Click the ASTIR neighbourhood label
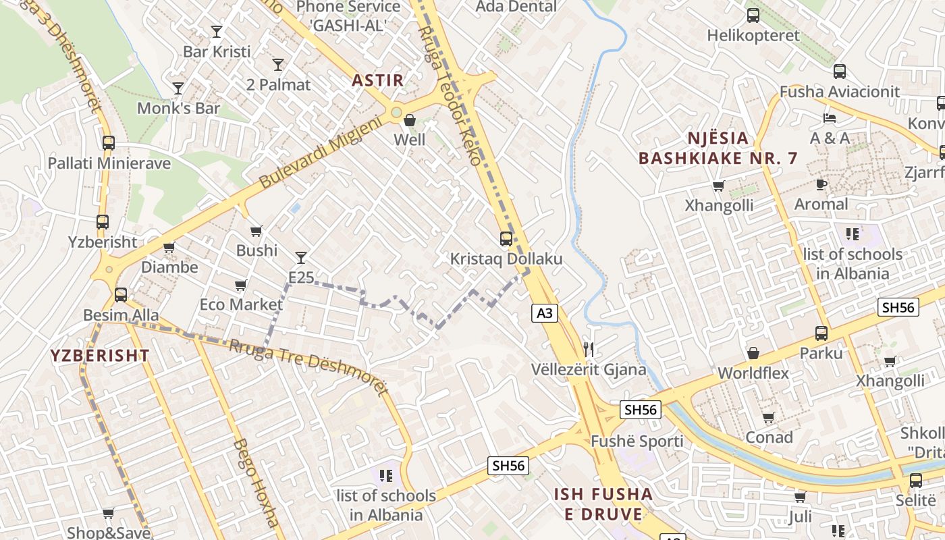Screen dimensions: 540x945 pos(377,80)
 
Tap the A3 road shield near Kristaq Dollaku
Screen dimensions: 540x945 pos(545,313)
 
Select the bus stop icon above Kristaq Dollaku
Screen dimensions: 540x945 pos(506,238)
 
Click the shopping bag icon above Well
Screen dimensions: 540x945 pos(409,120)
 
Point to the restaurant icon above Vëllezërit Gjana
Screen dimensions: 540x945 pos(589,349)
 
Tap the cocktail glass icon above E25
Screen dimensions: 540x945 pos(301,257)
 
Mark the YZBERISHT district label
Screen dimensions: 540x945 pos(99,356)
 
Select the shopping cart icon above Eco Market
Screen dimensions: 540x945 pos(241,285)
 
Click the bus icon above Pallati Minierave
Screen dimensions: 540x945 pos(108,142)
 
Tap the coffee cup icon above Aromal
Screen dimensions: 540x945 pos(821,184)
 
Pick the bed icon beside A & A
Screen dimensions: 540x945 pos(830,118)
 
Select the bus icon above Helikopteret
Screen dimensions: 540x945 pos(753,15)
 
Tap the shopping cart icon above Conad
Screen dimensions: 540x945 pos(768,418)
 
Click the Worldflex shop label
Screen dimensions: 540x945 pos(753,373)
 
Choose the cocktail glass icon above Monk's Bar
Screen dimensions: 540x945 pos(178,88)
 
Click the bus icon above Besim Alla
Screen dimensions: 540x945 pos(121,294)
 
